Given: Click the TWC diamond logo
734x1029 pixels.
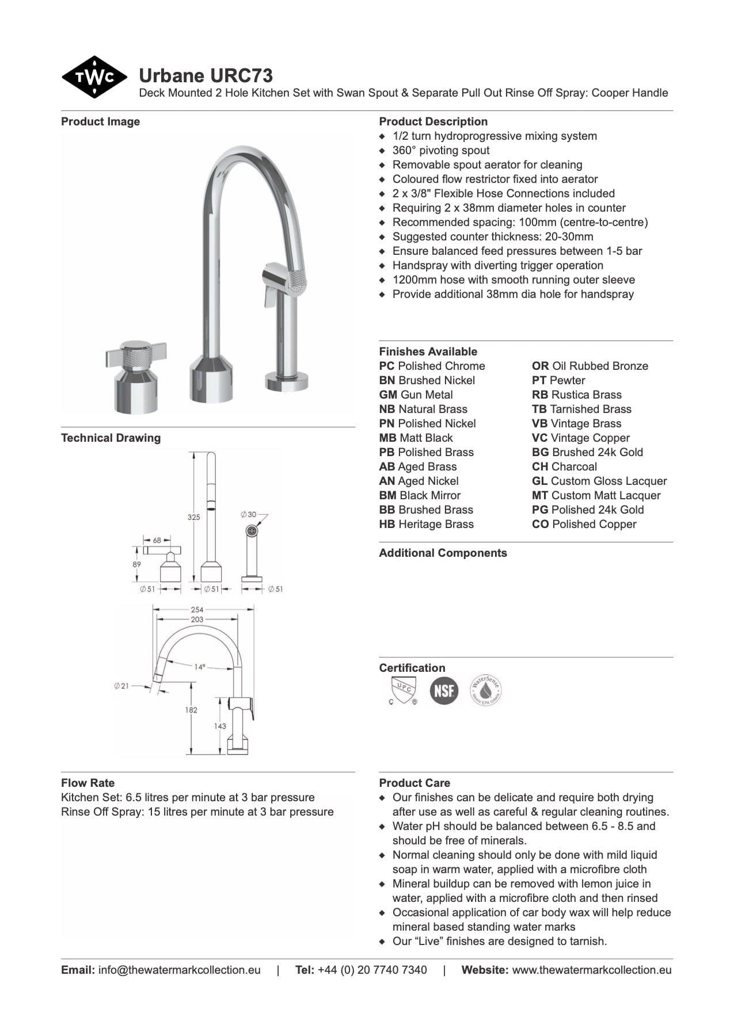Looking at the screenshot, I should (x=94, y=77).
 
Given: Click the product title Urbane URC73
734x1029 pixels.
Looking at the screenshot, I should (x=206, y=76).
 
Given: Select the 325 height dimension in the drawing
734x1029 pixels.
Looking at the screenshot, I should (x=193, y=517).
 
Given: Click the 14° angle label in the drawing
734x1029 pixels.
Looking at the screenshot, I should (x=199, y=667).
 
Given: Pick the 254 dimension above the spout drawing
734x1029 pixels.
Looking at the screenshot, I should (x=197, y=609).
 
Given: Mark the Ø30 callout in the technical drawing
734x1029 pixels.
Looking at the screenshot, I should (x=249, y=514).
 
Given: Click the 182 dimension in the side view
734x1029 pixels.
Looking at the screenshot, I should (x=191, y=710).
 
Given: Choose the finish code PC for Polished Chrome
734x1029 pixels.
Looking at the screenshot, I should (x=386, y=366).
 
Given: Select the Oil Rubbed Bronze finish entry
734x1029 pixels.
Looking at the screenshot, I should (x=590, y=366).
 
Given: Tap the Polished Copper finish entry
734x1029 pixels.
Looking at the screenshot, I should (x=584, y=524).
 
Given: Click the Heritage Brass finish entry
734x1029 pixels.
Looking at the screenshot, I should (x=426, y=524).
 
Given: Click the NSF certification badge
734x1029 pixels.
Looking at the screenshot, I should (x=444, y=690).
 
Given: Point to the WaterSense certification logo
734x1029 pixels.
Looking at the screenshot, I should (x=485, y=690).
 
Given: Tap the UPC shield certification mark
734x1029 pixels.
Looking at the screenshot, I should (x=403, y=690).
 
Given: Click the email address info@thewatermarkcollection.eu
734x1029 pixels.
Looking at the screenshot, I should (x=179, y=970).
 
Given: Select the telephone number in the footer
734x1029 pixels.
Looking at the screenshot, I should (x=372, y=970).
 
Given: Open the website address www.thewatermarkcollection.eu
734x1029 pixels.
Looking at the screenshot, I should (x=591, y=970).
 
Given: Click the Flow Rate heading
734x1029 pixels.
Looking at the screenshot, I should (x=88, y=783).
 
